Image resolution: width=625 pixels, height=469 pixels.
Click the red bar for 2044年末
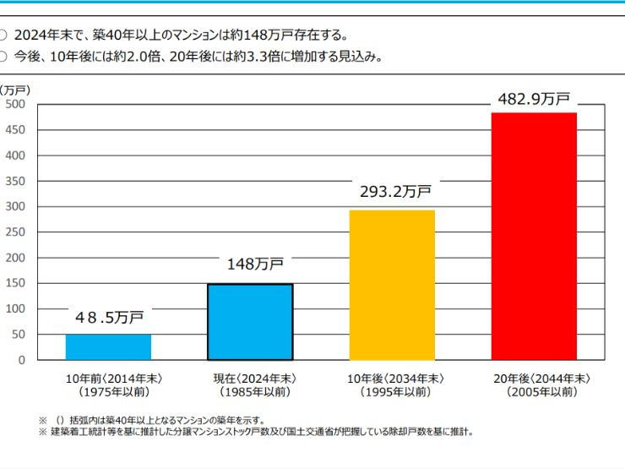click(x=534, y=237)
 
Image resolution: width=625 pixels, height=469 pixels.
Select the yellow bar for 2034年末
click(x=392, y=285)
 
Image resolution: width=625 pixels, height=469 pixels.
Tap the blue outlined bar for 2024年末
click(x=250, y=322)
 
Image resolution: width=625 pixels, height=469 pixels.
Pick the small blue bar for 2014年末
click(x=108, y=347)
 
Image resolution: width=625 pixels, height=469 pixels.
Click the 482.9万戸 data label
click(x=533, y=99)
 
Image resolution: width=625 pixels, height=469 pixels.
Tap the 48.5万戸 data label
click(x=109, y=318)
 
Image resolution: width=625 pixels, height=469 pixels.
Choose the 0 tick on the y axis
click(x=22, y=360)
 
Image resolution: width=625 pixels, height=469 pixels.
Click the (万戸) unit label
click(x=14, y=89)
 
